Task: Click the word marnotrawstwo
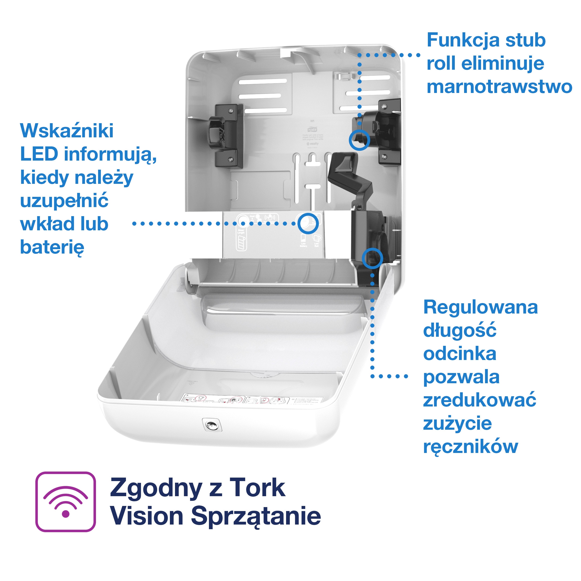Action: pyautogui.click(x=499, y=87)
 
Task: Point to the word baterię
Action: pyautogui.click(x=52, y=248)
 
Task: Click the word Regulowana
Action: pyautogui.click(x=480, y=307)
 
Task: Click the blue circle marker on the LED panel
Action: pyautogui.click(x=308, y=223)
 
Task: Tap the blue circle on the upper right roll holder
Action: pyautogui.click(x=359, y=140)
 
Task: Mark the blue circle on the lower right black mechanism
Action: pyautogui.click(x=372, y=258)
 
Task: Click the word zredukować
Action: pyautogui.click(x=479, y=400)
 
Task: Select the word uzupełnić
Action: pyautogui.click(x=64, y=201)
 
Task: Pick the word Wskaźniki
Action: pyautogui.click(x=67, y=131)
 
